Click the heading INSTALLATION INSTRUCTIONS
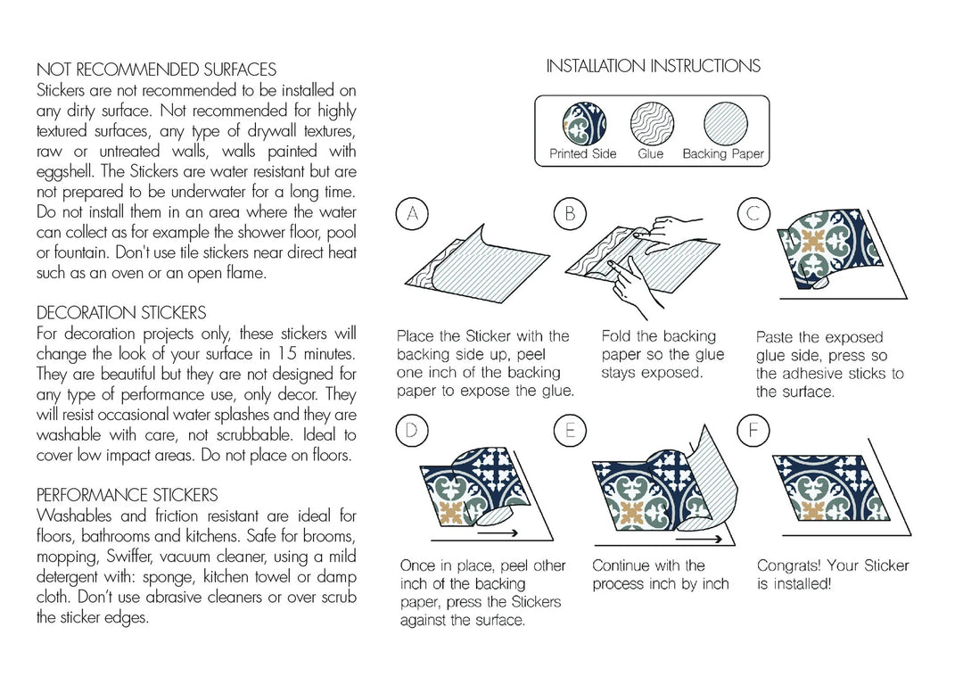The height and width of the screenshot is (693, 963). [x=653, y=66]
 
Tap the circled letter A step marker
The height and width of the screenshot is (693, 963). [x=411, y=213]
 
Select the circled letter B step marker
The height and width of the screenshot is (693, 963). [x=570, y=213]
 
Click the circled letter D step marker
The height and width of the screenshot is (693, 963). [x=411, y=431]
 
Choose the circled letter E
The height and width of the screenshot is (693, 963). [x=570, y=431]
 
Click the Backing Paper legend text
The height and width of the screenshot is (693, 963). [x=723, y=153]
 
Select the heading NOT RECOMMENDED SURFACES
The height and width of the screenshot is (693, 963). [x=156, y=70]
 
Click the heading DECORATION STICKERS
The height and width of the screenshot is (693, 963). [x=121, y=313]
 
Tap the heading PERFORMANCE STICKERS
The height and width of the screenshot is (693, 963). [x=128, y=495]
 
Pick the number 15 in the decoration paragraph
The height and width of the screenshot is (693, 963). [x=287, y=354]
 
